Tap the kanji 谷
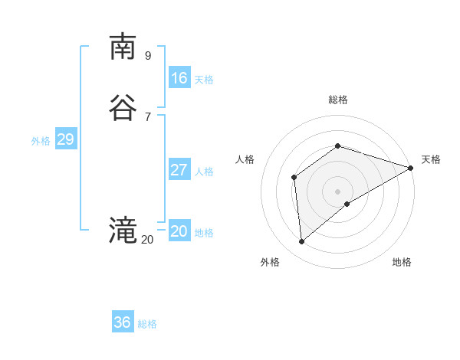coord(122,107)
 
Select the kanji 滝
coord(122,231)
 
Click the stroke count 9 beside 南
coord(148,55)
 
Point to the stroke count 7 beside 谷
coord(148,116)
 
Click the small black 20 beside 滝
coord(147,240)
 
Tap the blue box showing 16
coord(179,78)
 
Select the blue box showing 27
coord(179,170)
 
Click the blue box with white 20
coord(179,231)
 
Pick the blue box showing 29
coord(65,139)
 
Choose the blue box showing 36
coord(123,322)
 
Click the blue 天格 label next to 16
coord(204,80)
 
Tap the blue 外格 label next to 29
coord(41,141)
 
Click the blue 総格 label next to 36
coord(147,324)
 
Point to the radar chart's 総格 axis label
coord(338,100)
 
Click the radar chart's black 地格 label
coord(402,262)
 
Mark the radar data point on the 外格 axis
coord(301,242)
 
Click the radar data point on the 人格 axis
coord(294,178)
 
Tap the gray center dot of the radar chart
coord(338,191)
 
